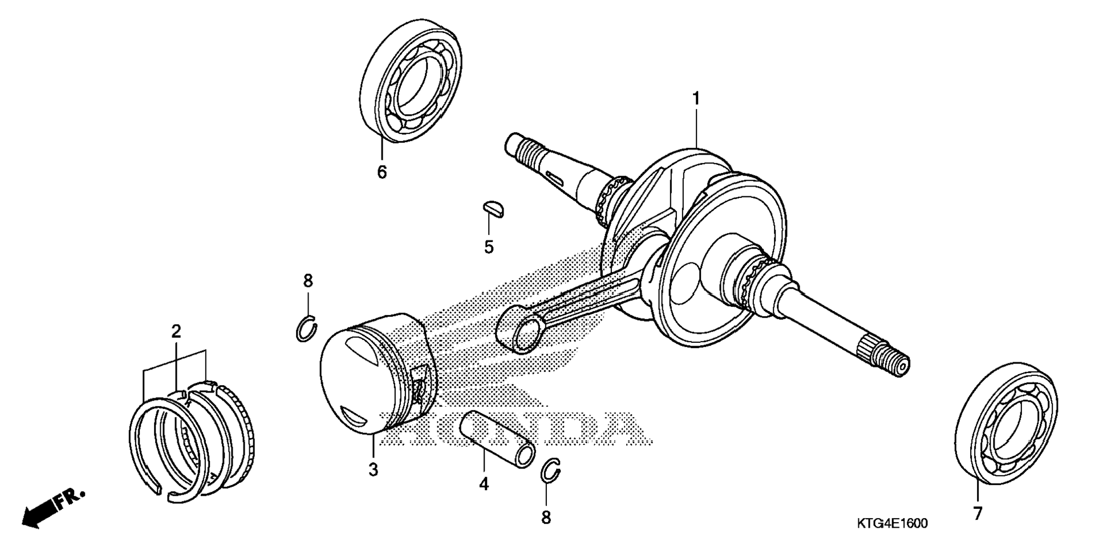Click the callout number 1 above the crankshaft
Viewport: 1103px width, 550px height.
pyautogui.click(x=696, y=99)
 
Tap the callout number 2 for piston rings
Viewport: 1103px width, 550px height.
pyautogui.click(x=176, y=331)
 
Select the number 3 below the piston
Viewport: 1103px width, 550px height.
pyautogui.click(x=373, y=470)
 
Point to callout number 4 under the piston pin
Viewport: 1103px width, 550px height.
pyautogui.click(x=484, y=484)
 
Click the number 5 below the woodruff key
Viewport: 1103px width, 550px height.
pyautogui.click(x=489, y=247)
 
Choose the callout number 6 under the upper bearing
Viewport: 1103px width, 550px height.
pyautogui.click(x=382, y=172)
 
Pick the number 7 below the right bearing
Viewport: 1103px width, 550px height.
pyautogui.click(x=978, y=513)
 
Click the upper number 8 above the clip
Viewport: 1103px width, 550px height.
pyautogui.click(x=308, y=281)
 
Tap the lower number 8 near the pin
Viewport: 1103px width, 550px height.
pyautogui.click(x=546, y=517)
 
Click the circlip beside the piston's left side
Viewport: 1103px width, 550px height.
pyautogui.click(x=307, y=329)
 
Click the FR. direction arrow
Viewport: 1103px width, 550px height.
pyautogui.click(x=52, y=507)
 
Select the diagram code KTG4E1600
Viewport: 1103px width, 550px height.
pyautogui.click(x=891, y=523)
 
